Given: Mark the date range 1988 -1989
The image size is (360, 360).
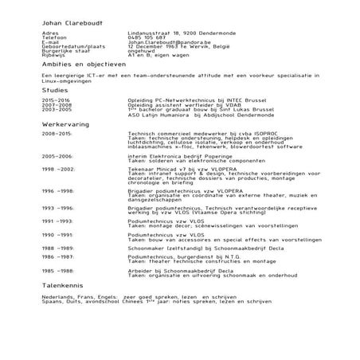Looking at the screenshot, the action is point(58,248).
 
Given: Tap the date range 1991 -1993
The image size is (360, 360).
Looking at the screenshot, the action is point(58,221).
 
